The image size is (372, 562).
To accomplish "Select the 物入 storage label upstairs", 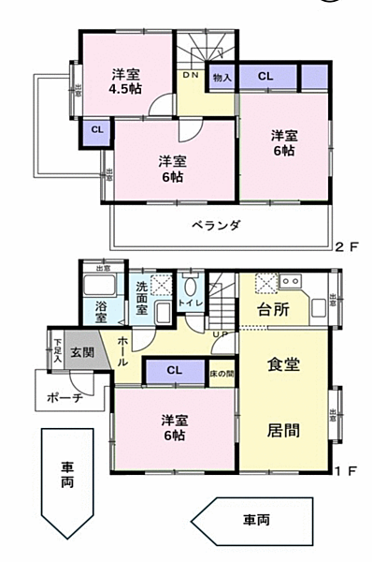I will tap(222, 77).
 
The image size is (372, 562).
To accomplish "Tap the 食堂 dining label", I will tap(283, 364).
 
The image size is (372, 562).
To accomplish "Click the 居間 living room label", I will tap(283, 431).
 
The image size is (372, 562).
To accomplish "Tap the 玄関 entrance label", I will tap(81, 353).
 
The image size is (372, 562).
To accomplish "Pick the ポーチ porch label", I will tap(64, 397).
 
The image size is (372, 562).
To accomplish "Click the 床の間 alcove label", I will tap(222, 375).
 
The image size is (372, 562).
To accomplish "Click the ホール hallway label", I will tap(123, 354).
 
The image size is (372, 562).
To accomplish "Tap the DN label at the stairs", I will tap(191, 74).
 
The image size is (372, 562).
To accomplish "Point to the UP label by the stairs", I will tap(221, 333).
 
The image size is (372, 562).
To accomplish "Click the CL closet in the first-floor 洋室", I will tap(174, 371).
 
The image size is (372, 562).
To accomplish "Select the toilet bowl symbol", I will tap(190, 288).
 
